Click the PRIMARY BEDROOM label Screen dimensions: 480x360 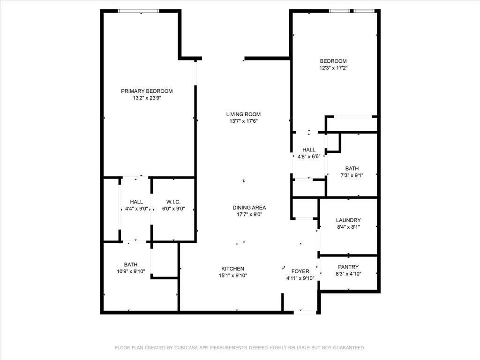(147, 91)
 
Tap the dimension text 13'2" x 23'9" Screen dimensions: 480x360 (147, 98)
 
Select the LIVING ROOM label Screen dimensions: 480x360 (243, 114)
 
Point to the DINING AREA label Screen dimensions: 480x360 (249, 208)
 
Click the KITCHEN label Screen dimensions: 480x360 (232, 269)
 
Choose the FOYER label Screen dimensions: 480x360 (300, 271)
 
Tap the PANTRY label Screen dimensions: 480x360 (348, 267)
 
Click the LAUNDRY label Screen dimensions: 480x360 (348, 220)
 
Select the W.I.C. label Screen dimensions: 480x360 (173, 202)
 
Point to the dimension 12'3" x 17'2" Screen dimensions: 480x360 (333, 68)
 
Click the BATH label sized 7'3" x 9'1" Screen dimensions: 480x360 (352, 168)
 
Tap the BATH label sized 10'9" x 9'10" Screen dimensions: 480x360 (131, 264)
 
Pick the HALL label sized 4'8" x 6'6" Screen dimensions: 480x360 (308, 150)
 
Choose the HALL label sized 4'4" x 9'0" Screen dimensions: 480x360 (136, 202)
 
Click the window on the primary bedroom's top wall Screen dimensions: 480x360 (139, 11)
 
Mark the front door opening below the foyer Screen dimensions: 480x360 (305, 312)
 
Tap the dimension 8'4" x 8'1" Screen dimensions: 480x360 (348, 227)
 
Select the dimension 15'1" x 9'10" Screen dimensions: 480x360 (232, 276)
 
